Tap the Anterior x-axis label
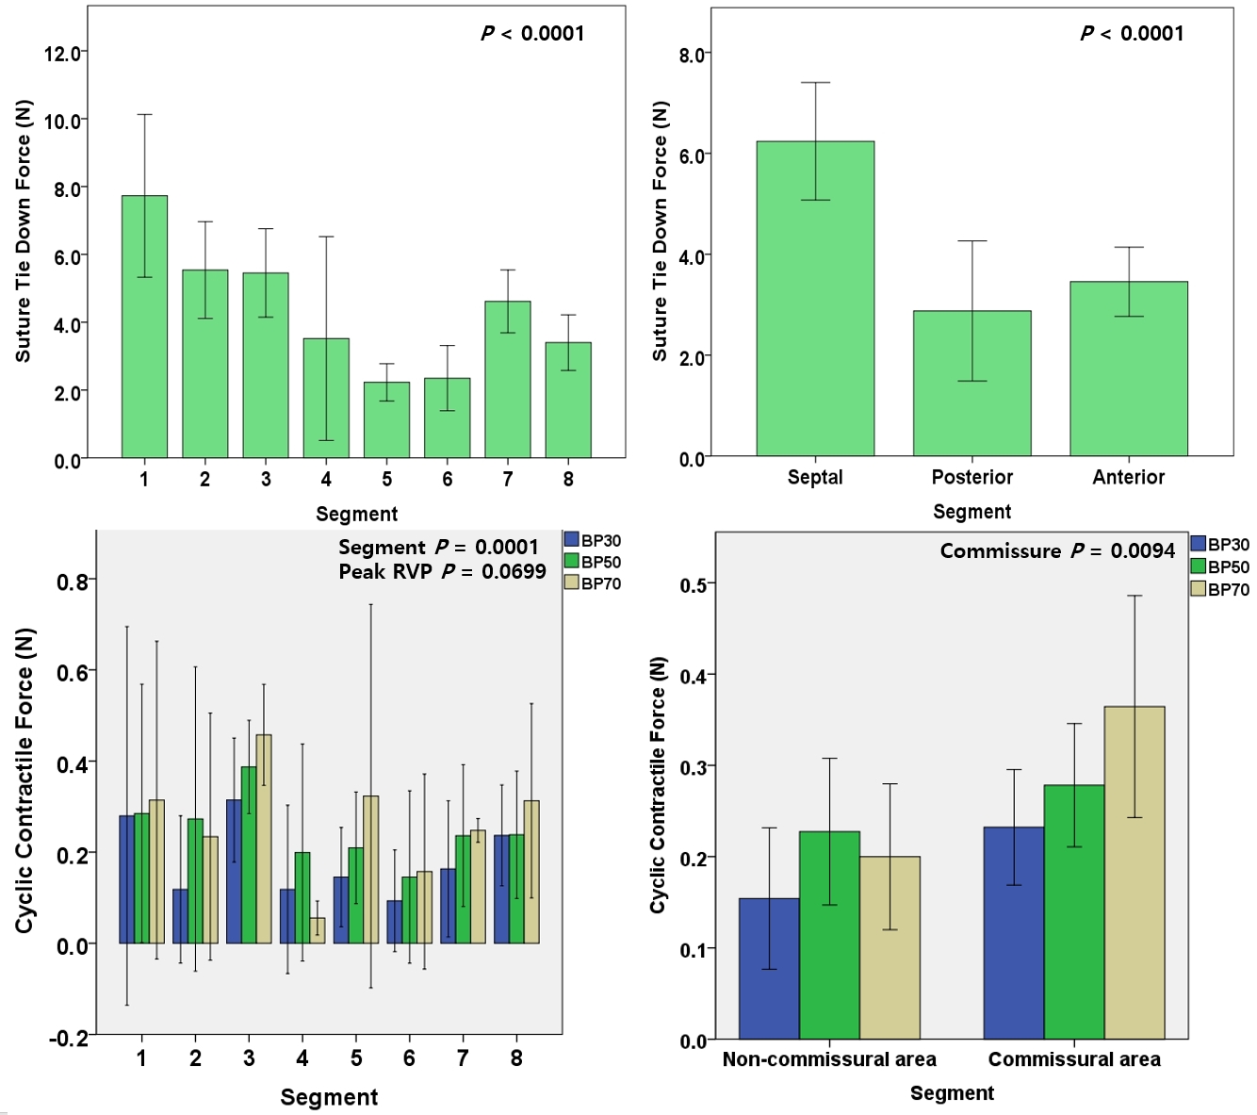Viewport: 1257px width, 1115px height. pos(1128,477)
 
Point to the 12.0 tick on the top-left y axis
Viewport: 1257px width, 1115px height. pos(62,53)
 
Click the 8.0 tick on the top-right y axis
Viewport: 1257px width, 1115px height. pos(692,55)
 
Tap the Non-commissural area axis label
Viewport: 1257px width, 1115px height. pos(829,1059)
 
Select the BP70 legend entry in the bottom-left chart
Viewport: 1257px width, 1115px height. pos(593,583)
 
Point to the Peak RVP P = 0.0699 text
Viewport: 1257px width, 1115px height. pos(442,571)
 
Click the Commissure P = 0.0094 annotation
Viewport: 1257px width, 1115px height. pos(1057,550)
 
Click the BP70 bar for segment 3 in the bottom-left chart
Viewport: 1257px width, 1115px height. pos(264,839)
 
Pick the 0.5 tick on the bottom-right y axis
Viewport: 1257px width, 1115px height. pos(693,585)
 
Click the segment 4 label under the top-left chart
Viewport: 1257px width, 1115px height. pos(326,479)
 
